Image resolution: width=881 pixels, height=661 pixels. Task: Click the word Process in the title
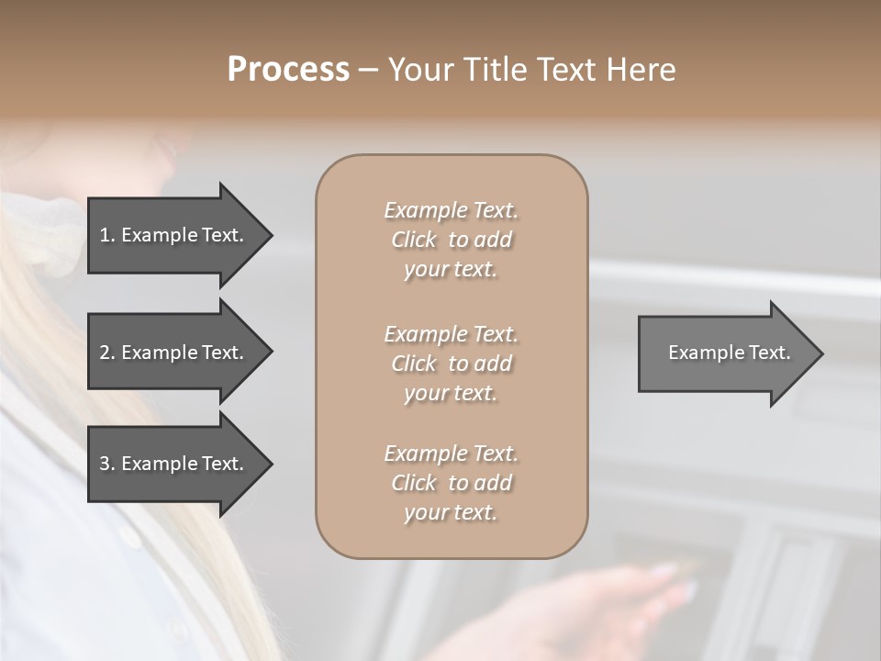tap(288, 70)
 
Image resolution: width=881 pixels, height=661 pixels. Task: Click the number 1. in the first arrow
tap(107, 235)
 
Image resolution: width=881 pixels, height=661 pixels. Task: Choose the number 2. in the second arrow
tap(107, 353)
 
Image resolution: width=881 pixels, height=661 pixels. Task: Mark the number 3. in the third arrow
tap(107, 464)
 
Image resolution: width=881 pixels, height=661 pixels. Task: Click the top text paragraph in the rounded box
tap(451, 240)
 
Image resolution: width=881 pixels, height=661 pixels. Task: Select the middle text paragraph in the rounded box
tap(451, 364)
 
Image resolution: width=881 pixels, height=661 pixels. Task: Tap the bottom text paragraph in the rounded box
tap(451, 483)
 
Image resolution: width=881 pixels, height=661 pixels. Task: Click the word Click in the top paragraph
tap(414, 240)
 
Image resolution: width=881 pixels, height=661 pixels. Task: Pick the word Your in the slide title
tap(418, 70)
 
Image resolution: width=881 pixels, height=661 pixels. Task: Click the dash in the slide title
tap(368, 71)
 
